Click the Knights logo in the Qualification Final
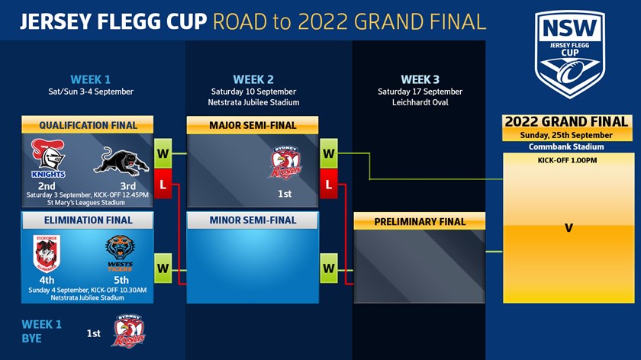pos(48,159)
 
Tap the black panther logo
pos(121,162)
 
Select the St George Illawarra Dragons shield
pos(47,253)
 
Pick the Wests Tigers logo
pos(120,253)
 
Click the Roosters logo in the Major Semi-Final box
pos(285,162)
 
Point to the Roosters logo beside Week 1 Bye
pos(128,331)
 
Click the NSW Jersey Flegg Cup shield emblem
pos(570,54)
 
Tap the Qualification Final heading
pos(88,125)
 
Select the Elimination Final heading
pos(88,220)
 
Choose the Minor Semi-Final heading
pos(253,220)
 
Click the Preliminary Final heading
pos(420,221)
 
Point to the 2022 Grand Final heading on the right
pos(566,122)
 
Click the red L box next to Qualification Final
pos(163,185)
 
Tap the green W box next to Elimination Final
pos(163,268)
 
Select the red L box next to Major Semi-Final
pos(329,185)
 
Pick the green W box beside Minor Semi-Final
pos(329,268)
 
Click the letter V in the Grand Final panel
pos(569,228)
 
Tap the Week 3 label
pos(420,79)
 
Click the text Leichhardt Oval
pos(420,102)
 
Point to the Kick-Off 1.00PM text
pos(568,160)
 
